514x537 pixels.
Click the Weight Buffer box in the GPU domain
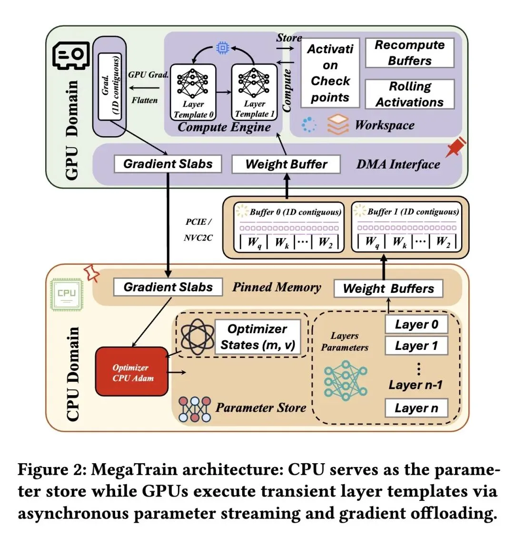(x=286, y=164)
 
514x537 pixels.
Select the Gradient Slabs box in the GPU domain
(x=168, y=164)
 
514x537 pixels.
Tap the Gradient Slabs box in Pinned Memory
(x=168, y=287)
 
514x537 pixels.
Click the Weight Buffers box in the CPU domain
(x=388, y=288)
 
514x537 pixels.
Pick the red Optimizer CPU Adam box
(x=132, y=372)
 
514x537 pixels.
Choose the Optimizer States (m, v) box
(x=257, y=337)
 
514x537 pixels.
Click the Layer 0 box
(x=416, y=325)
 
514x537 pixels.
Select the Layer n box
(x=416, y=408)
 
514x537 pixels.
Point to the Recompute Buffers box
(x=409, y=53)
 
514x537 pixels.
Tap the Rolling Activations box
(x=409, y=94)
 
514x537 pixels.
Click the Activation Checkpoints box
(x=330, y=73)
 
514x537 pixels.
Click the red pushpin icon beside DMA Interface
(x=455, y=148)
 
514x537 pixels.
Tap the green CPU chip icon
(x=67, y=294)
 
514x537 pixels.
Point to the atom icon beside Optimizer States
(x=194, y=336)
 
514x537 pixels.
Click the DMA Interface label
(x=398, y=164)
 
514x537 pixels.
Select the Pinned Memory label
(x=277, y=287)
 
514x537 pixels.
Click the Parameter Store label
(x=260, y=408)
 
